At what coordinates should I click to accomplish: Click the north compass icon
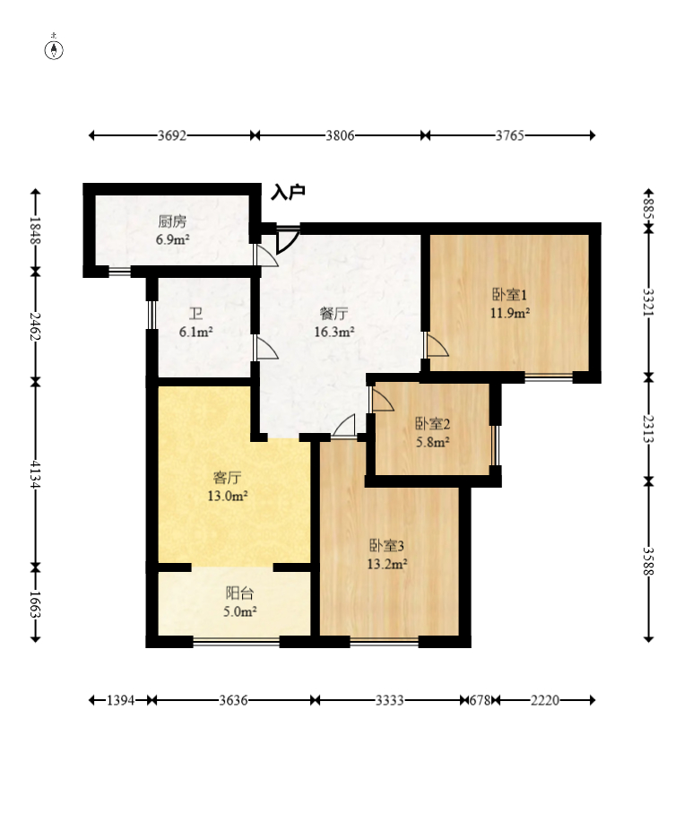click(54, 48)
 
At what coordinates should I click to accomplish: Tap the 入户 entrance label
click(289, 192)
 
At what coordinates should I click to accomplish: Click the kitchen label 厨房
click(172, 221)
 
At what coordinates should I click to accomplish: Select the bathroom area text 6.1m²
click(196, 333)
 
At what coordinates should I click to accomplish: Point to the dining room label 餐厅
click(333, 314)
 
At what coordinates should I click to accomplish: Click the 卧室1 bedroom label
click(509, 294)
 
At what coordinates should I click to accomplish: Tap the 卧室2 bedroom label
click(432, 423)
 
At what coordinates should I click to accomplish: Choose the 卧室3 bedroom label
click(386, 545)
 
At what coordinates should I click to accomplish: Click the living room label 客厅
click(228, 478)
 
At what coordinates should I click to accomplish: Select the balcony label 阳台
click(239, 593)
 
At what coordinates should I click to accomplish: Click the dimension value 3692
click(172, 135)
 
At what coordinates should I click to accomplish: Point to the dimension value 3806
click(340, 135)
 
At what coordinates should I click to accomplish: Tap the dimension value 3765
click(510, 135)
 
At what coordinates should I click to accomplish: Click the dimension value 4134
click(35, 474)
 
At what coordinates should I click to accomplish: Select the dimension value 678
click(480, 701)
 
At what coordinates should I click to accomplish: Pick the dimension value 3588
click(648, 560)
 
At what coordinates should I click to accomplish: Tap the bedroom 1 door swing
click(437, 345)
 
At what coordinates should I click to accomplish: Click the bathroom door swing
click(266, 348)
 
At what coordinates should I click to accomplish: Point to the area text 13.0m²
click(228, 497)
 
